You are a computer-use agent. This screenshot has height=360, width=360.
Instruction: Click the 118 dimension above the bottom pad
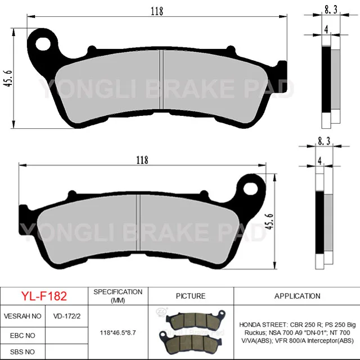(142, 160)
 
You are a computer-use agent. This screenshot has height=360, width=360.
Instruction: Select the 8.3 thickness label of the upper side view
(331, 9)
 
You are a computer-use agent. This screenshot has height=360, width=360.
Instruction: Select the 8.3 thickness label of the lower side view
(324, 142)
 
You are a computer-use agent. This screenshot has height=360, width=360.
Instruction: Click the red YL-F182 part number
(44, 296)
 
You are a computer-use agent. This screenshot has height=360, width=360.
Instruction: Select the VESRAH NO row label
(22, 316)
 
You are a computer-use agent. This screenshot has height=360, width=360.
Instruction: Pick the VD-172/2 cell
(66, 316)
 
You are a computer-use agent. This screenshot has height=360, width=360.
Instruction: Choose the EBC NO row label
(22, 335)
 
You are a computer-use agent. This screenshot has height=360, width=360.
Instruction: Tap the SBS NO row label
(22, 352)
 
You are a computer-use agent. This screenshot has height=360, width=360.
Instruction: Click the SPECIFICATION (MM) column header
(118, 296)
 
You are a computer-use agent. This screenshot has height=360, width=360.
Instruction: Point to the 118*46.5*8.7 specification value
(118, 333)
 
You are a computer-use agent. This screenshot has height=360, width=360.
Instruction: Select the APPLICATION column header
(297, 296)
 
